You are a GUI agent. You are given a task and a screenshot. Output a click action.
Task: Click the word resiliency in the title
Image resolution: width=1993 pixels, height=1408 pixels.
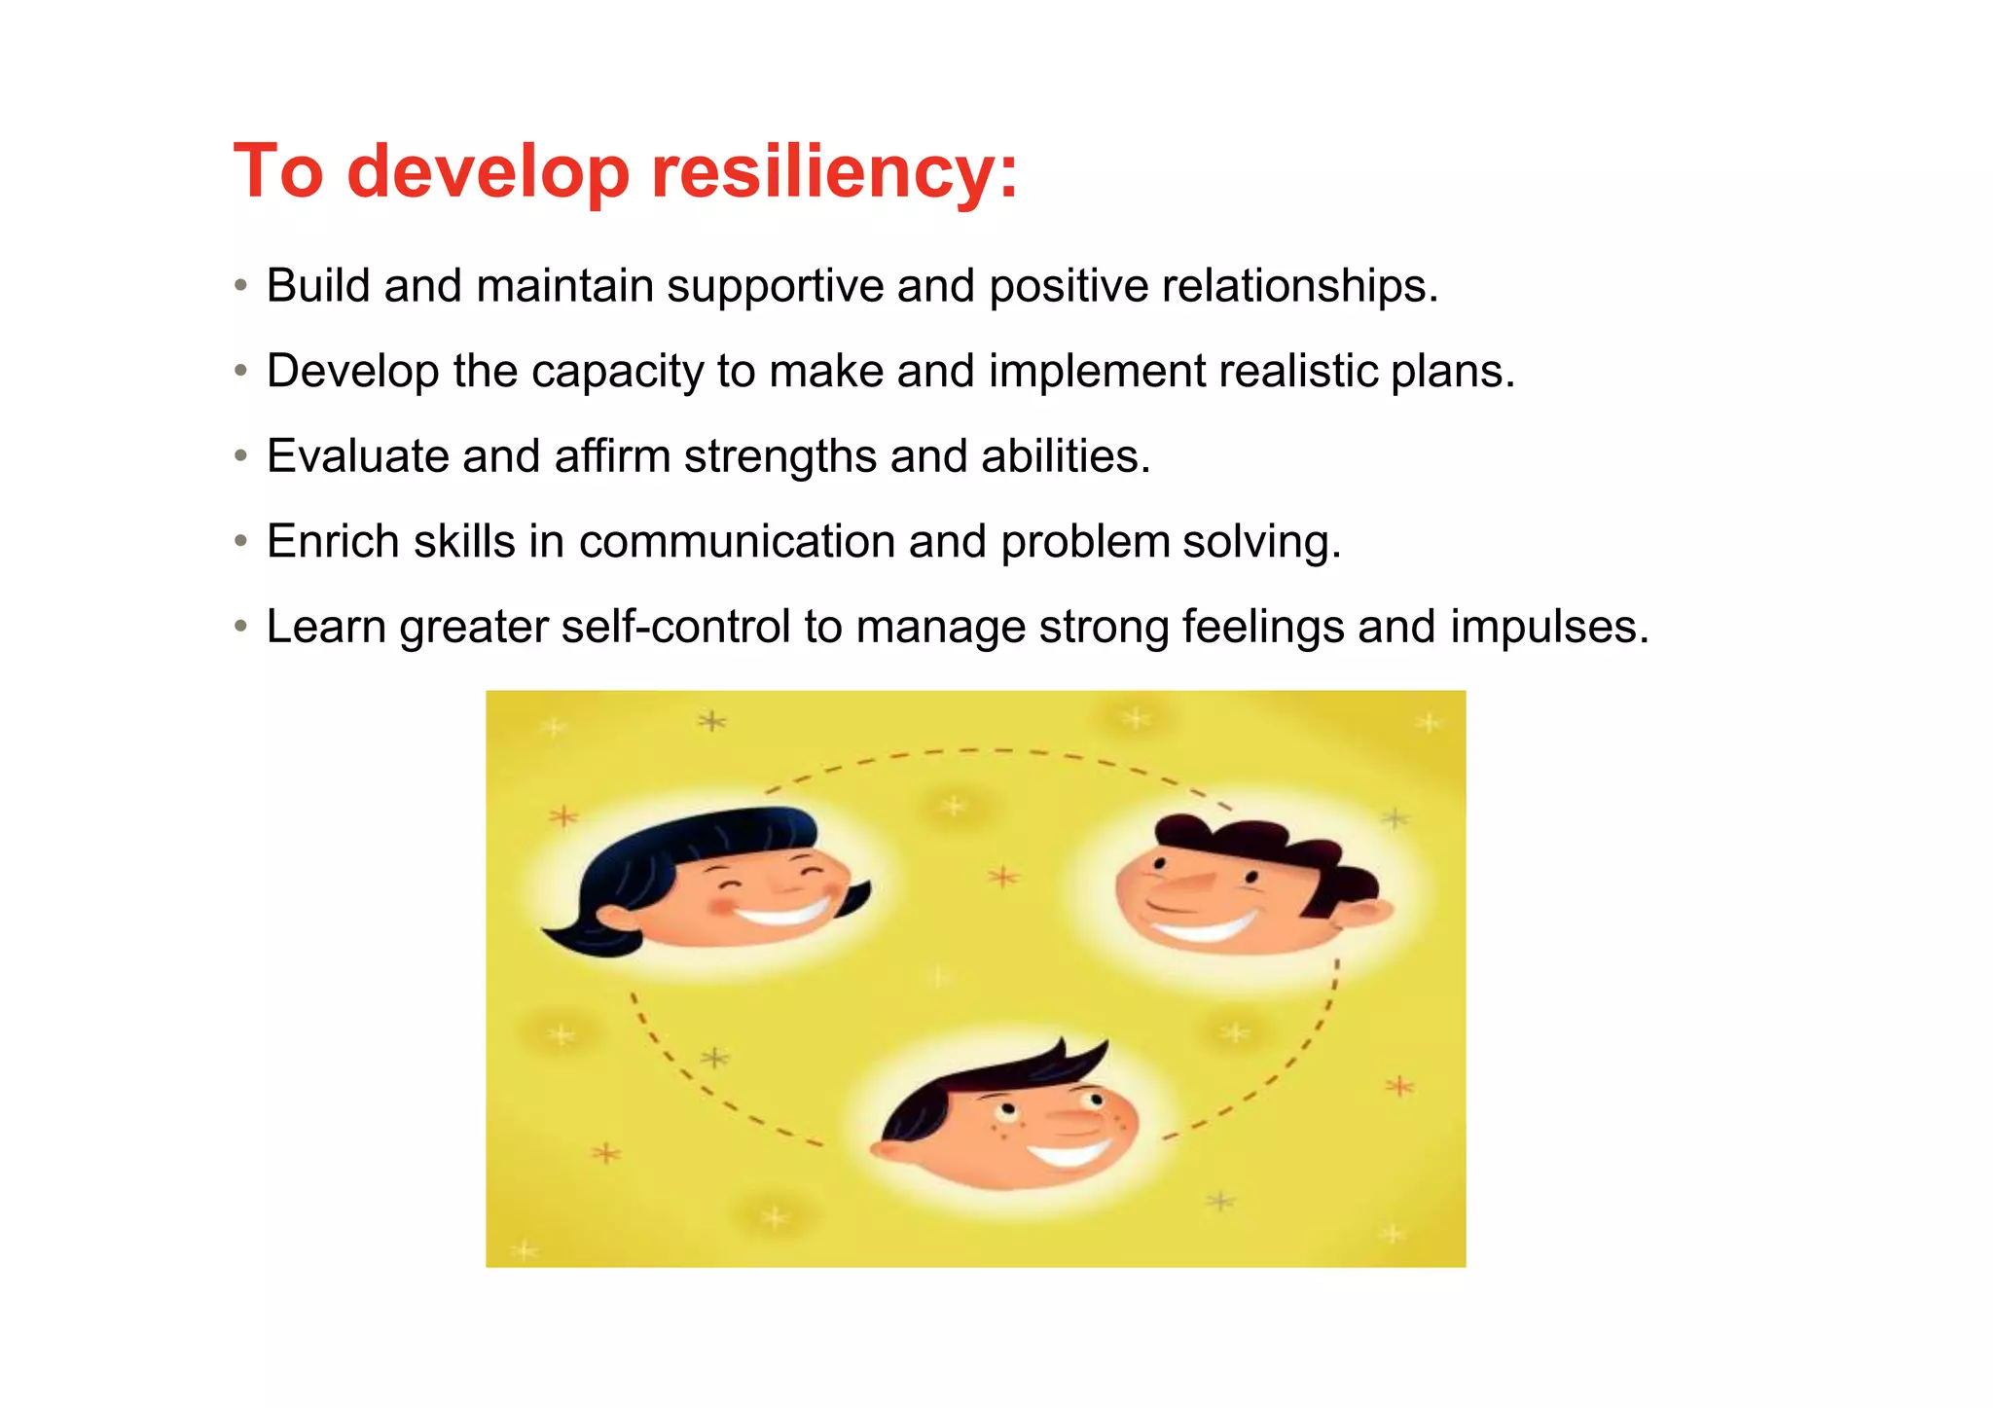tap(833, 172)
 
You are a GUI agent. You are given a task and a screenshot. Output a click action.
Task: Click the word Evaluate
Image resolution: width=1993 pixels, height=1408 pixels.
tap(356, 456)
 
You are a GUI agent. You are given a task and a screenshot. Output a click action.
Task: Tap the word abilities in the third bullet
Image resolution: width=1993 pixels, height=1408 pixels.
tap(1065, 456)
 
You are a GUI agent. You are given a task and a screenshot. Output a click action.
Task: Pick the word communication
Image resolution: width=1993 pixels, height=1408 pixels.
tap(736, 541)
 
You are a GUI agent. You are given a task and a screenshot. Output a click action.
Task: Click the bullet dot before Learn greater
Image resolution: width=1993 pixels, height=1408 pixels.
tap(240, 627)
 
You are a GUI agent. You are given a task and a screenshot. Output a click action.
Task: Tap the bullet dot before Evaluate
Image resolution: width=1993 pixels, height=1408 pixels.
tap(240, 456)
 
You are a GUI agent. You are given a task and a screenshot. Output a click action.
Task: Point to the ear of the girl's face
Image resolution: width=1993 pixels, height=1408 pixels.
tap(615, 918)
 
